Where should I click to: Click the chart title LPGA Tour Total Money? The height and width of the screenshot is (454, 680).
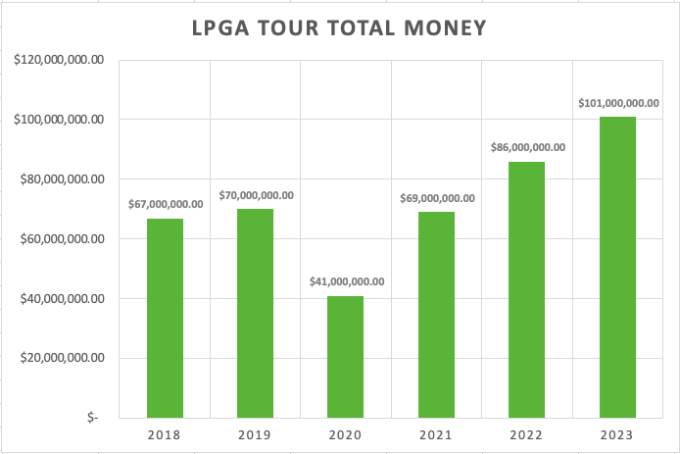point(339,28)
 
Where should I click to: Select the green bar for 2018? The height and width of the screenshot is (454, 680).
point(165,318)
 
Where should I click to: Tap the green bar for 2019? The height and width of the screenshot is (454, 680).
point(255,313)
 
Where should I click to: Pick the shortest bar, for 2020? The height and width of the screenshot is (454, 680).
point(346,357)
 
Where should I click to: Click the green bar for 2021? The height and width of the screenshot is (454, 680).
point(437,315)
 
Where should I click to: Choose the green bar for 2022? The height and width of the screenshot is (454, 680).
point(527,289)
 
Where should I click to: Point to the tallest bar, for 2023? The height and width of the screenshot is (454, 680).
point(618,267)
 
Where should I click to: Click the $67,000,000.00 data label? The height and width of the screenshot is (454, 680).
point(166,204)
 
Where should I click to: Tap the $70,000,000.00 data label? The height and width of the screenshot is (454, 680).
point(257,195)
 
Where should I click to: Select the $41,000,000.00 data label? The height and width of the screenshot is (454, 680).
point(347,281)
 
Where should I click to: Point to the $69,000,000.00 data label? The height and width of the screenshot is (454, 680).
point(437,198)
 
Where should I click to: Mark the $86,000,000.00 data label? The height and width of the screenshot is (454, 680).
point(528,147)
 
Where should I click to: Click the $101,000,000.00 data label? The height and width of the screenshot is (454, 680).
point(618,102)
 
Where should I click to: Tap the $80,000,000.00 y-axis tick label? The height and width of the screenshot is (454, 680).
point(62,179)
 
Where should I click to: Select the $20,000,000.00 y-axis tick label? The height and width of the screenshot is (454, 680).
point(62,358)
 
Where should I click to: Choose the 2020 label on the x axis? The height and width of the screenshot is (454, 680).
point(346,435)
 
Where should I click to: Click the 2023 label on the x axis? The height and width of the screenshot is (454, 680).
point(618,435)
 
